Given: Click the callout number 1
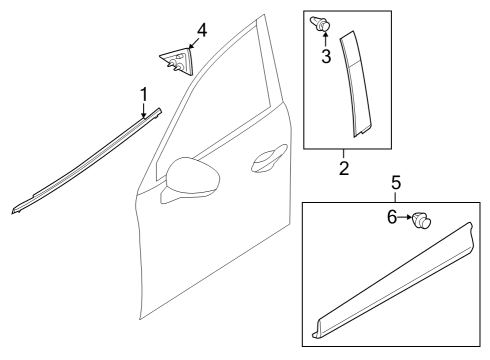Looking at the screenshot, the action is click(x=144, y=95).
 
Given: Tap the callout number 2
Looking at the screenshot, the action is click(x=344, y=168).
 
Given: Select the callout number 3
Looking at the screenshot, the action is click(x=326, y=56).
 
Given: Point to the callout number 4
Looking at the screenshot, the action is click(x=202, y=30).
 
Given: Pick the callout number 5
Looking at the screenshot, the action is click(x=396, y=183).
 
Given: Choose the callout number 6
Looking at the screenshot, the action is click(x=392, y=217).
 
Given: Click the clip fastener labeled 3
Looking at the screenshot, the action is click(x=320, y=23).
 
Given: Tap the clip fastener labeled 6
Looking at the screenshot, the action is click(x=422, y=220).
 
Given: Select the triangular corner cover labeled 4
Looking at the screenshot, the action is click(x=177, y=61).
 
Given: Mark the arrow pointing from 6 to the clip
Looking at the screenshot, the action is click(x=405, y=217).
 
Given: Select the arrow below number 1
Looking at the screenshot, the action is click(x=144, y=110).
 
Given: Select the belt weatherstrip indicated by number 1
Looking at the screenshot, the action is click(x=86, y=161).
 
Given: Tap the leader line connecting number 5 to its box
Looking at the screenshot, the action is click(x=396, y=196).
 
